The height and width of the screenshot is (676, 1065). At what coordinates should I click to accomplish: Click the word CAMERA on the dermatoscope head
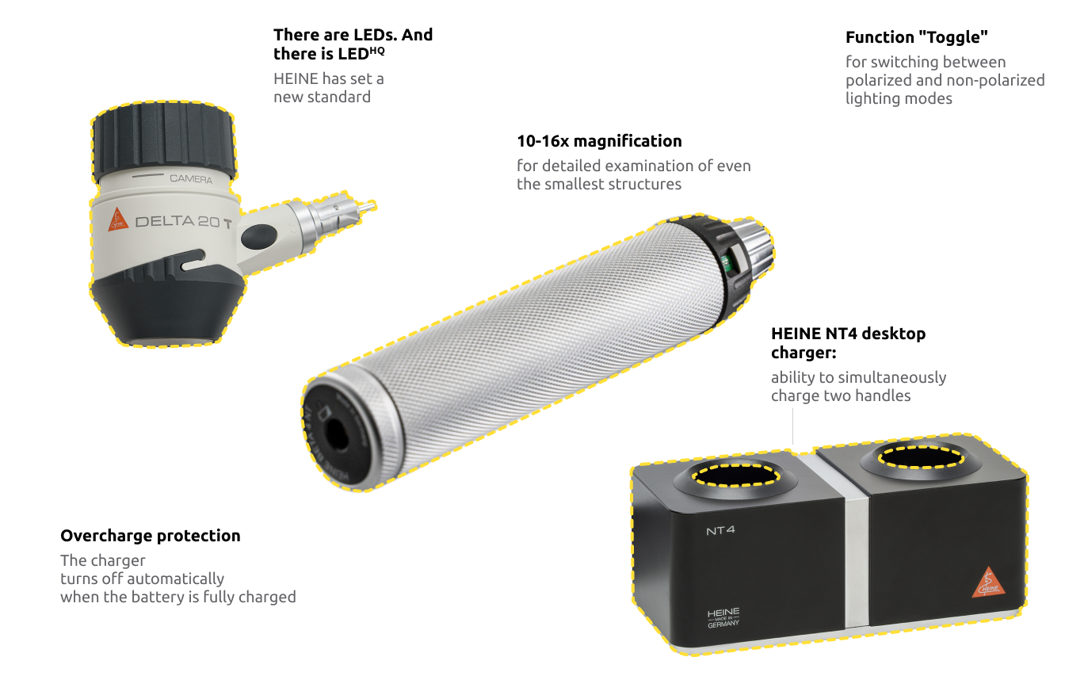[191, 179]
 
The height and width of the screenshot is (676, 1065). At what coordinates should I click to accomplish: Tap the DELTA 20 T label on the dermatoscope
[184, 222]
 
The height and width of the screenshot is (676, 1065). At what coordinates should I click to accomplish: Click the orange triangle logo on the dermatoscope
[117, 220]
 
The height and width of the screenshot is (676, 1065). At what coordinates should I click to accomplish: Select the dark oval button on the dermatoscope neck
[258, 237]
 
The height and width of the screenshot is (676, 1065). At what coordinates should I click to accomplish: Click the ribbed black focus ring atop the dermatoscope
[163, 142]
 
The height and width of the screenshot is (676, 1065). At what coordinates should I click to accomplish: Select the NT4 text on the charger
[720, 530]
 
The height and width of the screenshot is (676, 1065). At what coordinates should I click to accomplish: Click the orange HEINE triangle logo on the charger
[988, 582]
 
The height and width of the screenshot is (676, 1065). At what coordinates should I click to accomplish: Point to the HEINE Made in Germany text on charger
[723, 617]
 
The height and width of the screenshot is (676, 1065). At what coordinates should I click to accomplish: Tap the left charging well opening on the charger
[735, 475]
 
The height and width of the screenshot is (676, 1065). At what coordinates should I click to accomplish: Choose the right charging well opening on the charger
[921, 457]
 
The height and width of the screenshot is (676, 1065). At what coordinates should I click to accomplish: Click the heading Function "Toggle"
[916, 37]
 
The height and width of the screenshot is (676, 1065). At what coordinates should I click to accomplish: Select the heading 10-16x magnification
[599, 141]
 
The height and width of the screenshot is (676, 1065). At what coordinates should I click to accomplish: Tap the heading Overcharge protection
[151, 536]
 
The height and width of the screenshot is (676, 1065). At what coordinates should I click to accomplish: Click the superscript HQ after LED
[377, 50]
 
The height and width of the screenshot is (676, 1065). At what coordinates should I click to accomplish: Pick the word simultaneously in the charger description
[892, 377]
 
